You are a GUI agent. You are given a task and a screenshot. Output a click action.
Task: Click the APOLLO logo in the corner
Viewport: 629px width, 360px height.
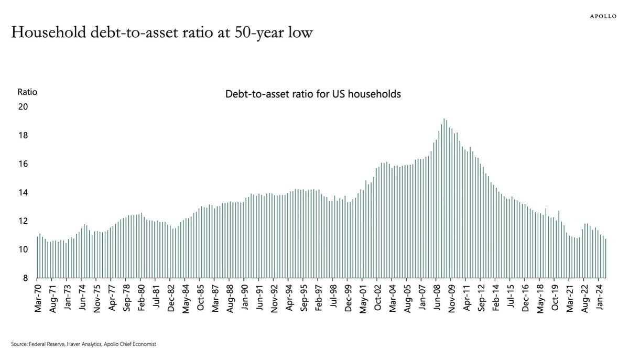pos(603,16)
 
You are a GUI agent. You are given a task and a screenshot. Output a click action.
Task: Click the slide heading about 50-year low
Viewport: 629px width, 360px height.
pos(161,33)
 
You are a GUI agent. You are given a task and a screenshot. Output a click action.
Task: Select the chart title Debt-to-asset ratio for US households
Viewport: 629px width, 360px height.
pos(313,94)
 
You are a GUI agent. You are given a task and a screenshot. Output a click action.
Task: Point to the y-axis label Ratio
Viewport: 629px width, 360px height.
pos(27,92)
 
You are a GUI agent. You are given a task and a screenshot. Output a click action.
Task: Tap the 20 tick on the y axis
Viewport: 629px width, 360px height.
pos(23,107)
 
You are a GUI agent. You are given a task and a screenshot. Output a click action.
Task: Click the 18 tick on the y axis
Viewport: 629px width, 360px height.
pos(23,136)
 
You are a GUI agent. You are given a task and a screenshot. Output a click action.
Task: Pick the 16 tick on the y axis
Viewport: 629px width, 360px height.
pos(23,164)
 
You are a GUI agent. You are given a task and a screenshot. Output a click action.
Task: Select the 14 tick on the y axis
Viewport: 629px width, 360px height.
pos(23,193)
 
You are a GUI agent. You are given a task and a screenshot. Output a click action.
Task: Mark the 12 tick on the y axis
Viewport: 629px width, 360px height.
pos(23,221)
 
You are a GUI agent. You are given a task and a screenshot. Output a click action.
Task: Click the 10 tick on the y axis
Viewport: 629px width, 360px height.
pos(23,250)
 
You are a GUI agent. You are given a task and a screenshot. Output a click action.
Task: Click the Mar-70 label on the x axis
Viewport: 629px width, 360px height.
pos(38,299)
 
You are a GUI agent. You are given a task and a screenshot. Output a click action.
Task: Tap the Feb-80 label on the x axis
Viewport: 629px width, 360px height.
pos(141,299)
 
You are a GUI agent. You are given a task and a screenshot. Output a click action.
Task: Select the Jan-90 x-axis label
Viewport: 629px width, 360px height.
pos(245,299)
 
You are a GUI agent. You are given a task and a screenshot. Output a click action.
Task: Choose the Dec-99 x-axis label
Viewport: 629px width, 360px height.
pos(348,299)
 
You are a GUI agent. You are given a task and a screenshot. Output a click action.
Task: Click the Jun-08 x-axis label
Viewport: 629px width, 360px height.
pos(437,299)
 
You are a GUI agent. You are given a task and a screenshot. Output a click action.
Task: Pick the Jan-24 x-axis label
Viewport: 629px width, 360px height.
pos(599,299)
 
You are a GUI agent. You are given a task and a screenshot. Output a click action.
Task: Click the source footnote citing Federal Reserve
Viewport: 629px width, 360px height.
pos(83,344)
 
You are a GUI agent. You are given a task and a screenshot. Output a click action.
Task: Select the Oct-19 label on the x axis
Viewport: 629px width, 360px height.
pos(555,299)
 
